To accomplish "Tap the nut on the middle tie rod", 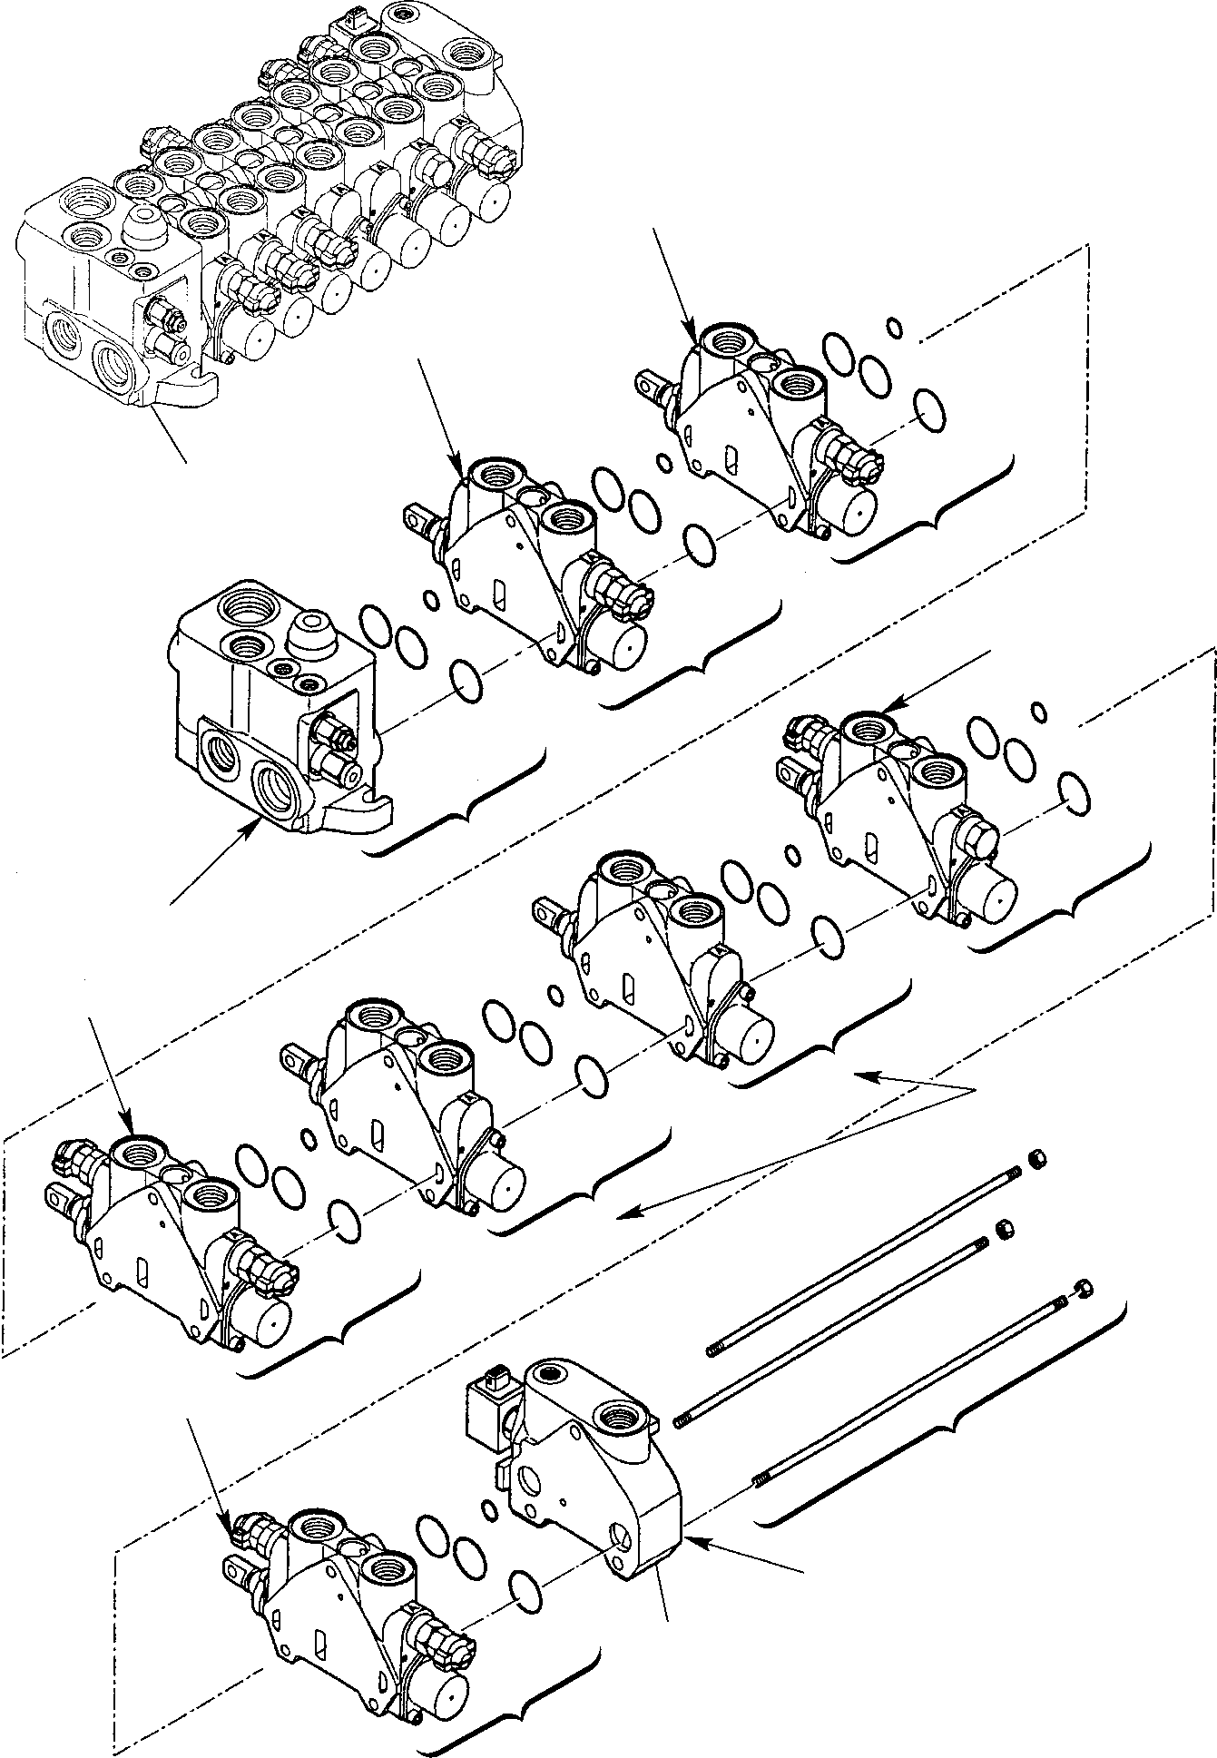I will click(x=1005, y=1230).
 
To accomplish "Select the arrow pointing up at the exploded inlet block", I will click(x=218, y=857).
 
